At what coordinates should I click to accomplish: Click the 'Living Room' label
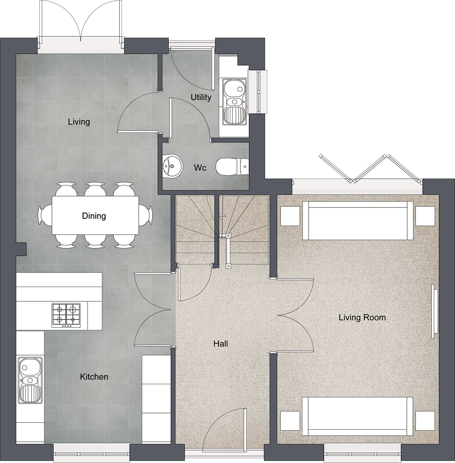[362, 317]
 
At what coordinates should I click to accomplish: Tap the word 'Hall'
[221, 344]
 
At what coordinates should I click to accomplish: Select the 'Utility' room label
[201, 97]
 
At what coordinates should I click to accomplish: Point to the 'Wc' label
[200, 168]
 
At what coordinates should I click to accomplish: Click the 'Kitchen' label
[94, 377]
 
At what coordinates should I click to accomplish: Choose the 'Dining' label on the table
[94, 216]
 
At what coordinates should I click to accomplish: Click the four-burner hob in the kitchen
[66, 315]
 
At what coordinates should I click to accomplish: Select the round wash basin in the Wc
[173, 166]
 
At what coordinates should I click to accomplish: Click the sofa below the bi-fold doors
[358, 221]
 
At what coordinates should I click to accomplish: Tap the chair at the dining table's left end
[45, 215]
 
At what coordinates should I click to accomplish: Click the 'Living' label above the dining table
[79, 122]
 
